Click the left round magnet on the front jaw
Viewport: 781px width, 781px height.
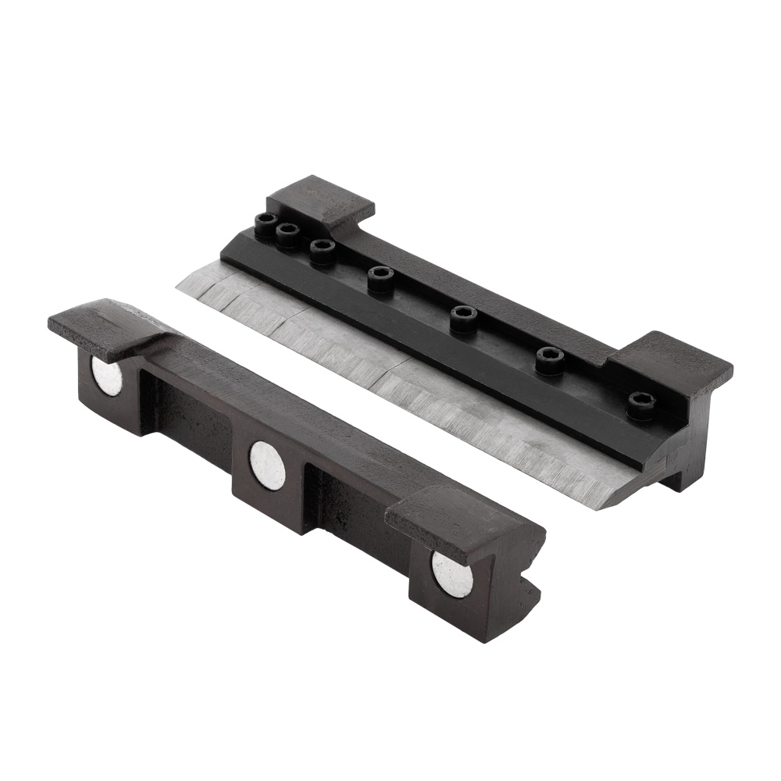click(107, 376)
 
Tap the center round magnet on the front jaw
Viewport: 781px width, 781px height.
click(267, 465)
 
